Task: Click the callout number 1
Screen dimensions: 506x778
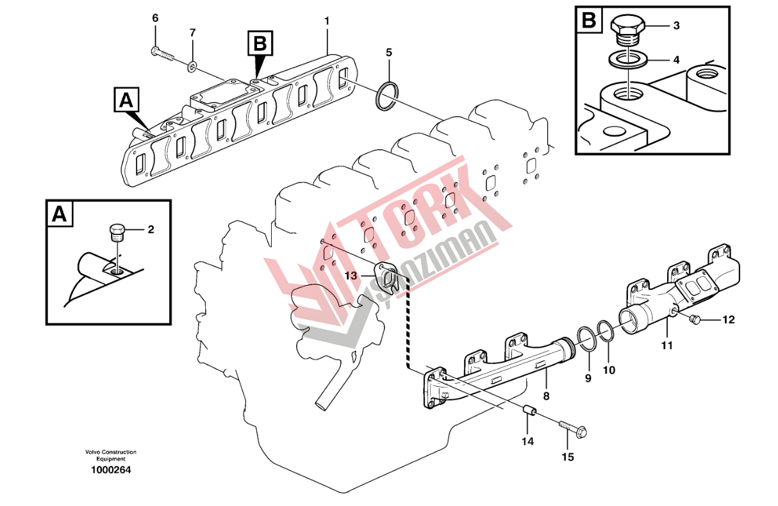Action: (327, 21)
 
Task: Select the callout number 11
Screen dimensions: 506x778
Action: (667, 346)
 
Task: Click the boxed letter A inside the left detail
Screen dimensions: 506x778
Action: (60, 215)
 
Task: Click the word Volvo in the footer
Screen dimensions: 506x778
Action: (94, 453)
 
